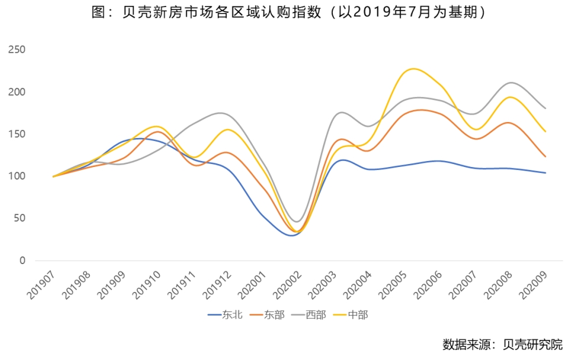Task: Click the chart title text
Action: [288, 12]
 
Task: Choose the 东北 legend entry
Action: [226, 315]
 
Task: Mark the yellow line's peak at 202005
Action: [413, 69]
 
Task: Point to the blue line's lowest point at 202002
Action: [292, 236]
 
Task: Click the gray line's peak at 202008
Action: [510, 82]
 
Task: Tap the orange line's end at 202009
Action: [545, 157]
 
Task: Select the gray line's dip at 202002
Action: [297, 221]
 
